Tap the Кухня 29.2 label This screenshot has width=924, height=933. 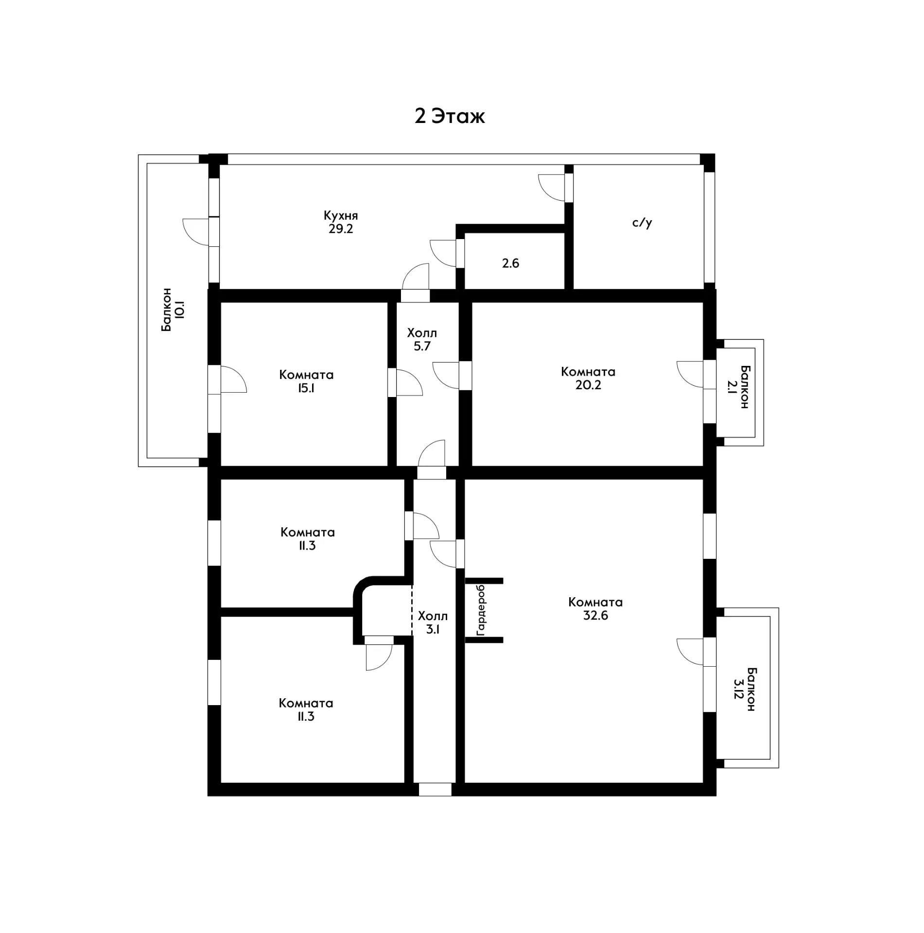341,222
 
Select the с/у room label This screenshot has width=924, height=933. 642,223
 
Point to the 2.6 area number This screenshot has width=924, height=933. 510,263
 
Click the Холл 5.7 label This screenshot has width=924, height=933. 422,340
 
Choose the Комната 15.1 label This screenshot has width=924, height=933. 306,381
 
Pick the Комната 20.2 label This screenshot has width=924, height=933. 588,378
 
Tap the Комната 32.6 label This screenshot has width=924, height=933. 595,609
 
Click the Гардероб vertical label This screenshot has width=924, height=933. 481,610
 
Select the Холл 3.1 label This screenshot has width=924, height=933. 433,623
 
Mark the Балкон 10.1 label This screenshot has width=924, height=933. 173,310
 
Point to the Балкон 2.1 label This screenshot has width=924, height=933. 738,387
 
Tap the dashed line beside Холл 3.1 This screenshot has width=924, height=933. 412,610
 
